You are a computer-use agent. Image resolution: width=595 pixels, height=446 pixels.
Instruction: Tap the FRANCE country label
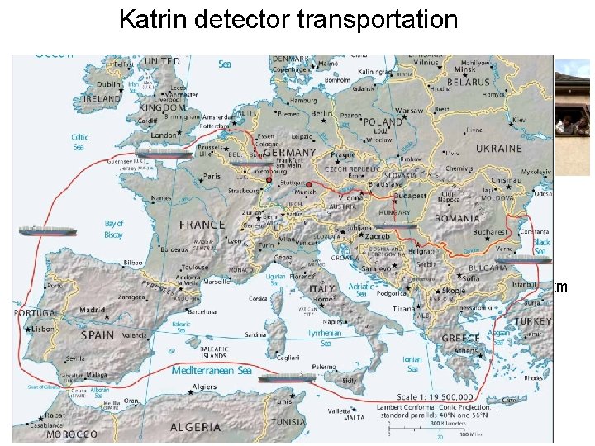[202, 225]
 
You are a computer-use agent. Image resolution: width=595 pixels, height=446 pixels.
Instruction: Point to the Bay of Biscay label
[114, 229]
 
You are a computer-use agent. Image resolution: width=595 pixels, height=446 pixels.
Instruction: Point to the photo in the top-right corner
[572, 116]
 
